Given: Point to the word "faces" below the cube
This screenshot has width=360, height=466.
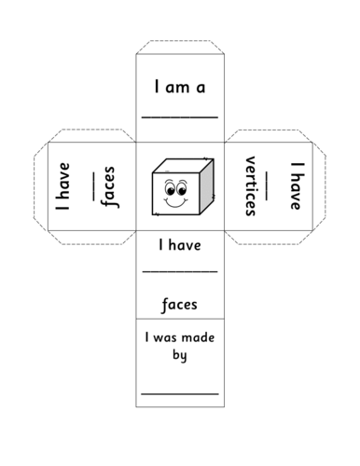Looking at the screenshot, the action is [x=178, y=304].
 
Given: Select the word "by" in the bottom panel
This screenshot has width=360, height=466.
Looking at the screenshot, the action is [x=179, y=354].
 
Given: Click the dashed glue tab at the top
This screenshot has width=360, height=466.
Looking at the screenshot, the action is [x=179, y=47].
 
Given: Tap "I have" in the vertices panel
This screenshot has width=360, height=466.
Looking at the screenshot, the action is [x=296, y=186].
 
